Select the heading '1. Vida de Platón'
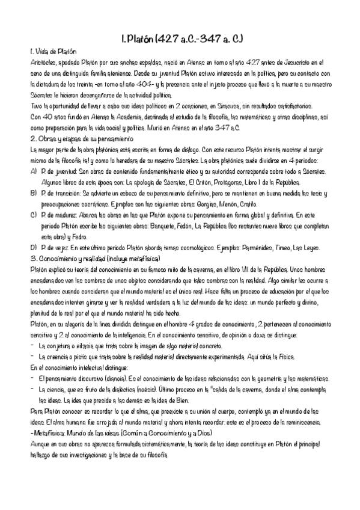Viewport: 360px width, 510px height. [54, 53]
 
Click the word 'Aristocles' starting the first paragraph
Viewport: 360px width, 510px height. [41, 62]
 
